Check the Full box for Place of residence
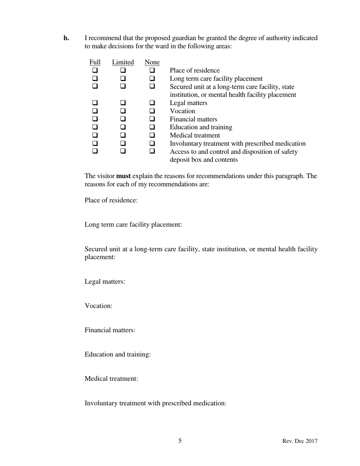tap(95, 70)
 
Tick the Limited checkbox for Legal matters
tap(123, 103)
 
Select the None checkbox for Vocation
tap(152, 111)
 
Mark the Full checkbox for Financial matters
tap(95, 119)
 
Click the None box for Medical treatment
tap(152, 135)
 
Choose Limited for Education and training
tap(123, 127)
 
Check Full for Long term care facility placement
tap(95, 79)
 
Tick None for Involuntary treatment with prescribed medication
tap(152, 144)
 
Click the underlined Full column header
tap(95, 62)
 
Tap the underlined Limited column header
tap(123, 62)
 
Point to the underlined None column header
tap(152, 62)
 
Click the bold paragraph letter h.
tap(66, 38)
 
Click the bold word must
tap(123, 176)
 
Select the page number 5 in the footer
tap(180, 441)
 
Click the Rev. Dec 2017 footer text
tap(300, 441)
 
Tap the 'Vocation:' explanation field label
tap(99, 306)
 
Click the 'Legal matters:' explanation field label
tap(105, 281)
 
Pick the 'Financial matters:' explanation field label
tap(110, 330)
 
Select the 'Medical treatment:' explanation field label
tap(111, 378)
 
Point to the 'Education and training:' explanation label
tap(117, 354)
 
